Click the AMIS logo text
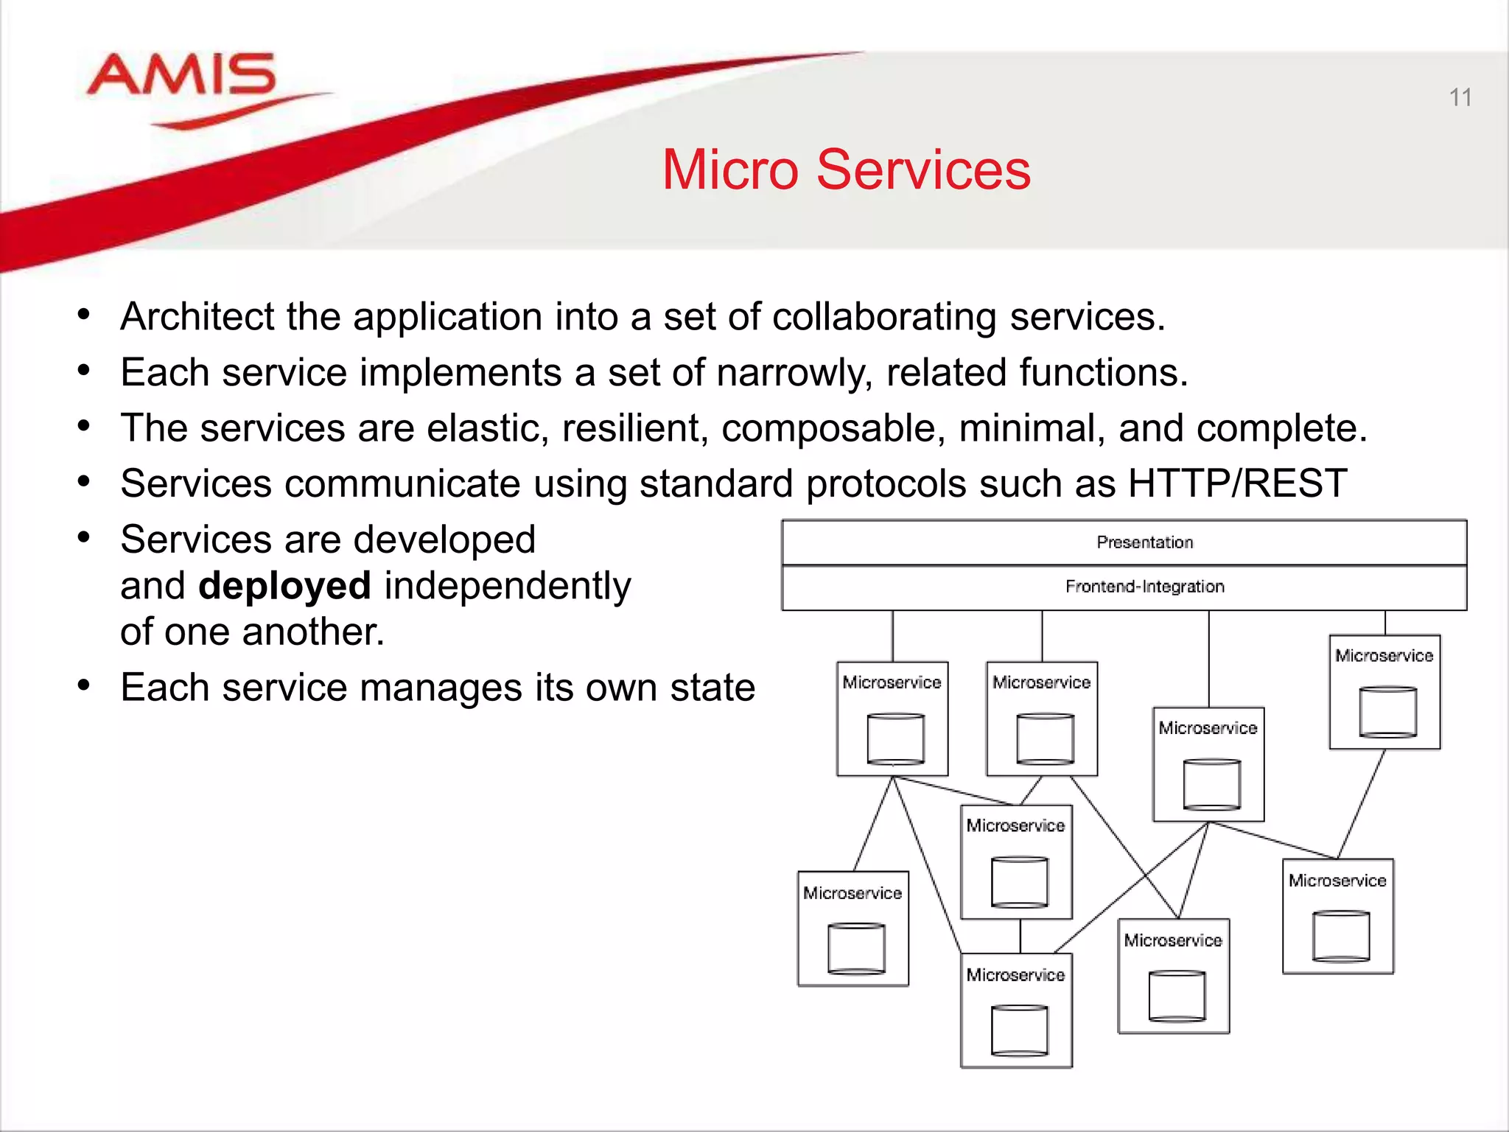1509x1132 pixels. [181, 75]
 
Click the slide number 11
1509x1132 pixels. [1460, 98]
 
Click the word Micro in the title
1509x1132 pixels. [729, 170]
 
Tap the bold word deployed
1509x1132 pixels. [284, 586]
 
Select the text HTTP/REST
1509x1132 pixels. [1237, 483]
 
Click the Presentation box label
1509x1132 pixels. [1144, 542]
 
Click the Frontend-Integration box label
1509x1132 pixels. [1144, 587]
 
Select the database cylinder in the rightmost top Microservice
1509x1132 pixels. [1387, 712]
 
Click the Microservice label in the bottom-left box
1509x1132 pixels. [852, 893]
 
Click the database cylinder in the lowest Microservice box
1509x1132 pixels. [1019, 1030]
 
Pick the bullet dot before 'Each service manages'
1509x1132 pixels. [84, 686]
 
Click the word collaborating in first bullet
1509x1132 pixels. [884, 317]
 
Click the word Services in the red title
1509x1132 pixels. [923, 170]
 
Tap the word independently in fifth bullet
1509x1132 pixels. [508, 586]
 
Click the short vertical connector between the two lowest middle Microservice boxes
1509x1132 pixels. [1020, 936]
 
